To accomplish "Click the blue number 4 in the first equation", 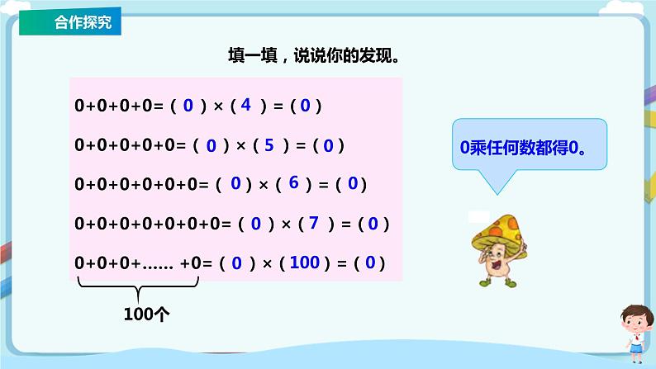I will (x=246, y=105).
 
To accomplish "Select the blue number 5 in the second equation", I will (x=269, y=145).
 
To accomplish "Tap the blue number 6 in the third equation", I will (x=293, y=183).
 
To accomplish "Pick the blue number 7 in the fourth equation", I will (x=313, y=223).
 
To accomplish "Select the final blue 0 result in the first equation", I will (x=305, y=106).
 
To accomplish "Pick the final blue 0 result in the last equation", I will (x=370, y=263).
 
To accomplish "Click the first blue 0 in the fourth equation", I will (x=255, y=224).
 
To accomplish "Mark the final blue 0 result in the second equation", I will (x=328, y=146).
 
